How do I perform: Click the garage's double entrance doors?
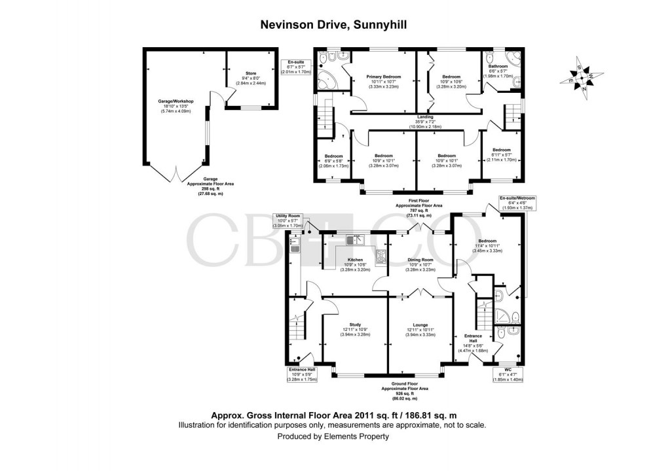[174, 175]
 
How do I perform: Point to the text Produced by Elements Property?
[333, 436]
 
